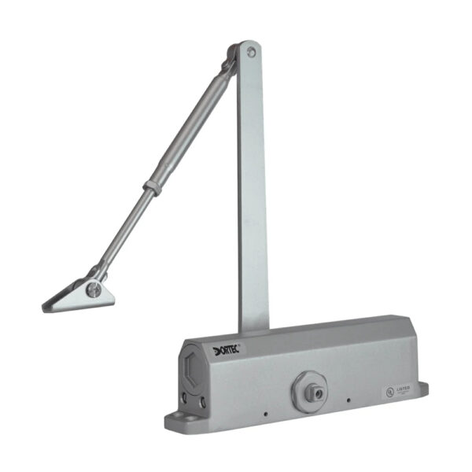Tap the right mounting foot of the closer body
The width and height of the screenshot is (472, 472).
420,389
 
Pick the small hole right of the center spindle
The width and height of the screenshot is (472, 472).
348,400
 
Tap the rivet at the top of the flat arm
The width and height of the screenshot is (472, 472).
251,53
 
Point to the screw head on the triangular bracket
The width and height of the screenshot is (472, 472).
92,289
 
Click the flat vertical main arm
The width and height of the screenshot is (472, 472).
253,197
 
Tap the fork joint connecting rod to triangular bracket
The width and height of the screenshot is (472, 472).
99,273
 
